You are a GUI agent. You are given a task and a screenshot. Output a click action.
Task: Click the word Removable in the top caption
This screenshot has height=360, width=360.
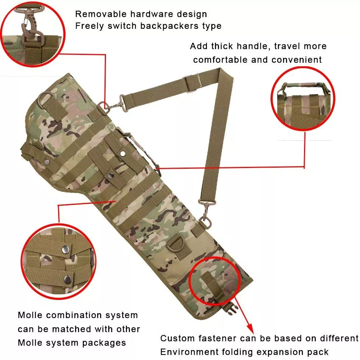[x=101, y=14]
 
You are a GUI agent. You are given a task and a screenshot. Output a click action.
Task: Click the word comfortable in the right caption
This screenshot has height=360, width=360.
[x=220, y=60]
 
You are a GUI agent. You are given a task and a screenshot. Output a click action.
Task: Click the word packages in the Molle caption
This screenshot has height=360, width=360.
[x=104, y=343]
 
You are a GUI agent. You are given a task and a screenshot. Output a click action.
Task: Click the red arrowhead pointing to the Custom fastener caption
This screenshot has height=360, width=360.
[x=250, y=328]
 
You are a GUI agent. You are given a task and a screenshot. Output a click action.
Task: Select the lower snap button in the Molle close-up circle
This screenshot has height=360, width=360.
[x=68, y=279]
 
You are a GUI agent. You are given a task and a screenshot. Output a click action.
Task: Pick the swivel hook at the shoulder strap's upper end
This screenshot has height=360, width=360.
[x=115, y=105]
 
